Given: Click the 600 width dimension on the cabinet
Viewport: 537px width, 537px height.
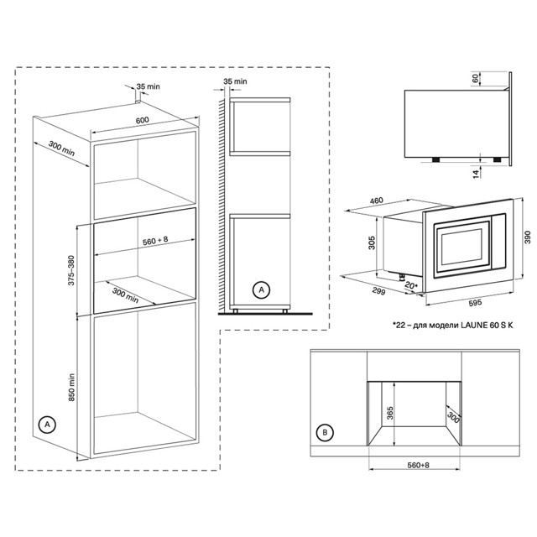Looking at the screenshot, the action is click(142, 120).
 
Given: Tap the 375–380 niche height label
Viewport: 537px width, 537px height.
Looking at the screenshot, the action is click(71, 270).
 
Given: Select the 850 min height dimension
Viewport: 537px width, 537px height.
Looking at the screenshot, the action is click(71, 388).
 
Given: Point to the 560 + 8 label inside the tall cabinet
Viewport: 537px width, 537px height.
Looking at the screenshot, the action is click(155, 241).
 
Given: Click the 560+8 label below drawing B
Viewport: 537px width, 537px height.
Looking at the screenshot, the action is click(418, 465).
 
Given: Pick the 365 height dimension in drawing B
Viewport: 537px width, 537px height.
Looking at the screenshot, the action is click(389, 414).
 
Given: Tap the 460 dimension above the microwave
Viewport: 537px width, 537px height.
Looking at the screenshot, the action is click(377, 201).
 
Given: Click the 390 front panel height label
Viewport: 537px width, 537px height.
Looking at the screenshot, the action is click(528, 237).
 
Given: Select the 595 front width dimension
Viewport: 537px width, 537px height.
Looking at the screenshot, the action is click(475, 302).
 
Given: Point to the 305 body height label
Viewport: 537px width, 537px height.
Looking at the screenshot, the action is click(372, 242).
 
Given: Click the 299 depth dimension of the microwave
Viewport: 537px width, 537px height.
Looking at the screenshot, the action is click(378, 291).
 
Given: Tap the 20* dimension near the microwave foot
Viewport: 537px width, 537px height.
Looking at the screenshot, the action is click(411, 285).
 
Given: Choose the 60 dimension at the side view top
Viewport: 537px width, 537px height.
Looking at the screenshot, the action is click(475, 78).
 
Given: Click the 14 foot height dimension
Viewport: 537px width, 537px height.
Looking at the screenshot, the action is click(476, 174).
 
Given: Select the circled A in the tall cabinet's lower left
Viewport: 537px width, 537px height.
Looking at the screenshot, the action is click(47, 425).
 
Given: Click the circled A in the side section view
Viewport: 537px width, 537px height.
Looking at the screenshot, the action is click(261, 290).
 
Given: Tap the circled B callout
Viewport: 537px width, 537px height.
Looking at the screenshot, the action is click(325, 433).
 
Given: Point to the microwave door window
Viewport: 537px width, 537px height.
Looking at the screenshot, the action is click(461, 246).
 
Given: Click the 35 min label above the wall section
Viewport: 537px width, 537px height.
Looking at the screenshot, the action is click(235, 81).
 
